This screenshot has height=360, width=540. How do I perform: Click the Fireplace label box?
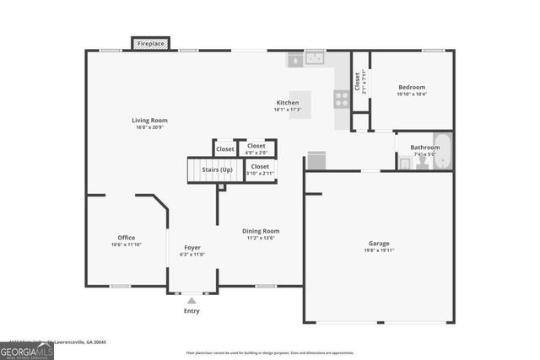(x=151, y=43)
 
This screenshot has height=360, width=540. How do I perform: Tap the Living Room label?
(x=148, y=121)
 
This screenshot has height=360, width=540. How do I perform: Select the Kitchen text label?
(x=288, y=102)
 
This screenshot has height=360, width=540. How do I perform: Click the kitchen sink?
(x=316, y=59)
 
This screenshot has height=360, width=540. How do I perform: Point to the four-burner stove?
(x=342, y=99)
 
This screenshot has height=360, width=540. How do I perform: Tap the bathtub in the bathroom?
(x=443, y=151)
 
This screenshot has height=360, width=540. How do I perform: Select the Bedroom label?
(x=412, y=87)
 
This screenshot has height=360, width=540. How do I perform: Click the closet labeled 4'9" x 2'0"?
(x=256, y=148)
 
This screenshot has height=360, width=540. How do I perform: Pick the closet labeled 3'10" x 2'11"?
(x=260, y=169)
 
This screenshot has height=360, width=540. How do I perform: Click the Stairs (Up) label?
(x=217, y=169)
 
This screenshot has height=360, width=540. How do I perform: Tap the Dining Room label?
(x=261, y=230)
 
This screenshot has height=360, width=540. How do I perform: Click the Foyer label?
(x=192, y=247)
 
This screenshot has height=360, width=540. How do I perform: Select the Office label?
(x=127, y=238)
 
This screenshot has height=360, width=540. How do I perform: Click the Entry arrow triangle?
(x=192, y=300)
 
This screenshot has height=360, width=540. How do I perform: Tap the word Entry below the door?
(x=192, y=311)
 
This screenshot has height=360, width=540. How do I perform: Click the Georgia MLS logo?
(x=26, y=351)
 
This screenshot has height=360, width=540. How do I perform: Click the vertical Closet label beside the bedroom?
(x=358, y=81)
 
